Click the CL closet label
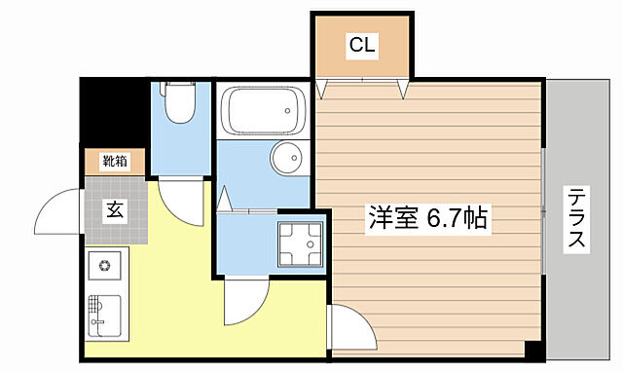point(362,45)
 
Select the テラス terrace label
point(577,218)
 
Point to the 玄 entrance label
point(115,207)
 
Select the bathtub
point(259,111)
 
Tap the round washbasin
point(285,157)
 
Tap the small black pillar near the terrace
point(533,348)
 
